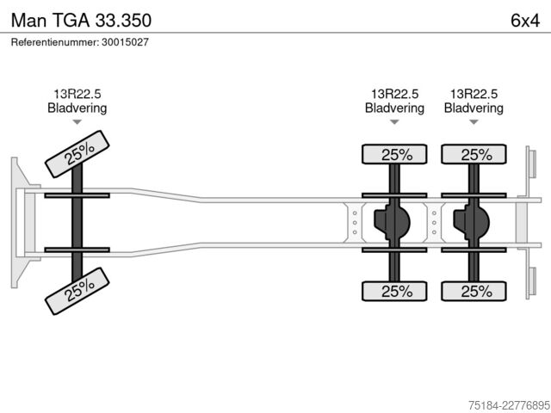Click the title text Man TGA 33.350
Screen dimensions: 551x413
[x=81, y=20]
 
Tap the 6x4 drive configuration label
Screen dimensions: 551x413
[x=525, y=21]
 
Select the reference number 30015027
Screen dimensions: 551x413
[x=125, y=42]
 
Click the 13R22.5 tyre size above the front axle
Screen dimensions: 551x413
[x=77, y=94]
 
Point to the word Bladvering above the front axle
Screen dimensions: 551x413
[x=77, y=108]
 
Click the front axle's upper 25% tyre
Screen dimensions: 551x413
[x=77, y=154]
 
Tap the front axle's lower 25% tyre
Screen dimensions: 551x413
[x=77, y=291]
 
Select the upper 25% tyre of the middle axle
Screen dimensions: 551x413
[x=394, y=155]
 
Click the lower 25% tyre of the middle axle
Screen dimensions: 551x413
[x=394, y=291]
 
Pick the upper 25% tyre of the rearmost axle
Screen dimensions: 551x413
[x=474, y=155]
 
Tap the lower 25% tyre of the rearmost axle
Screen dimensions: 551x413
[x=474, y=291]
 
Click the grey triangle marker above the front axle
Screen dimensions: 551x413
[x=77, y=122]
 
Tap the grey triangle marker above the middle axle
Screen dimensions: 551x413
[x=394, y=122]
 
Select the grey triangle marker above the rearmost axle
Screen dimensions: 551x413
[x=474, y=122]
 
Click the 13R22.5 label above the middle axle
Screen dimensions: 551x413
[x=394, y=94]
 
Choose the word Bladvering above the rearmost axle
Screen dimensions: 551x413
[x=474, y=108]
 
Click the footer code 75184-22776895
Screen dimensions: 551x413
[x=510, y=405]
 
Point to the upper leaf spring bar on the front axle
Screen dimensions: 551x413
[x=77, y=195]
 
